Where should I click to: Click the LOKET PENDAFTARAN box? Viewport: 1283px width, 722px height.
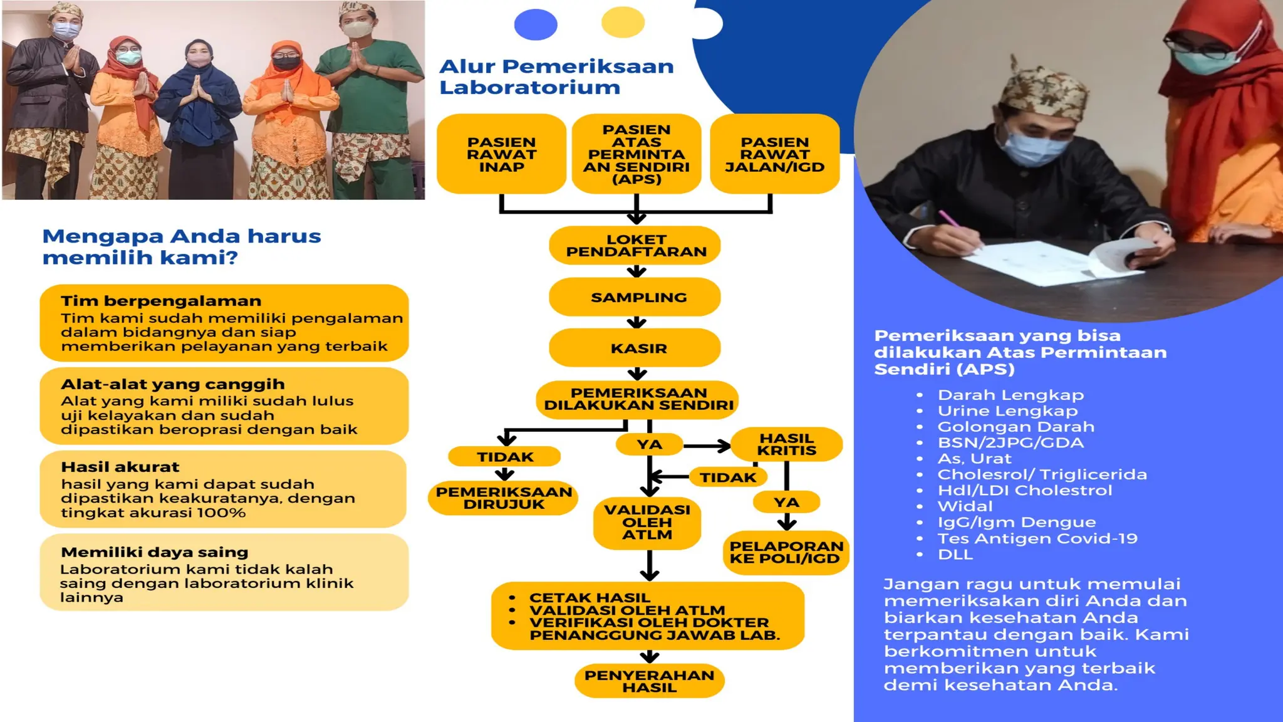pyautogui.click(x=635, y=246)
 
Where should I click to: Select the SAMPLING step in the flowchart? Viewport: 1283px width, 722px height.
pyautogui.click(x=635, y=297)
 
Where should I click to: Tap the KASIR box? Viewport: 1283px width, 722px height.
pyautogui.click(x=635, y=348)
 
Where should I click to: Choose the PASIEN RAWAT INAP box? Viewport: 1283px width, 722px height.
pyautogui.click(x=501, y=154)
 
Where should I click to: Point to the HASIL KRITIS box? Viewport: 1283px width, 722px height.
pyautogui.click(x=786, y=444)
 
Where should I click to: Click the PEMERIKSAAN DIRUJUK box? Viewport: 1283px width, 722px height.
pyautogui.click(x=503, y=498)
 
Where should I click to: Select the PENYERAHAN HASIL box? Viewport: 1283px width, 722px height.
pyautogui.click(x=649, y=681)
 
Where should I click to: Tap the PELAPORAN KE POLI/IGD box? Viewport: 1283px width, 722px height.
pyautogui.click(x=786, y=552)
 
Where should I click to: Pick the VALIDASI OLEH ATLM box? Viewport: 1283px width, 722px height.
pyautogui.click(x=647, y=522)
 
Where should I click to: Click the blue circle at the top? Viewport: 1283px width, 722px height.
pyautogui.click(x=536, y=24)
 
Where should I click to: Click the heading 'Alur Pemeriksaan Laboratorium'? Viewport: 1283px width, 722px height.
pyautogui.click(x=556, y=76)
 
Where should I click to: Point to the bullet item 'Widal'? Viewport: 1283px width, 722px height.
pyautogui.click(x=965, y=506)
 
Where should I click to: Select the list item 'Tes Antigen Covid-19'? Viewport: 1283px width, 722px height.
pyautogui.click(x=1037, y=538)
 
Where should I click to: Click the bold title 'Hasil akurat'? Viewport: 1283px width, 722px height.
pyautogui.click(x=120, y=467)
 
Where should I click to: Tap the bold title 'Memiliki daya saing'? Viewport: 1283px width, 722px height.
pyautogui.click(x=155, y=552)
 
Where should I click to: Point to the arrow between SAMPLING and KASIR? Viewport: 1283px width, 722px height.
pyautogui.click(x=636, y=322)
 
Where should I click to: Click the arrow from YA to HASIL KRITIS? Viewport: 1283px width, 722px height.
pyautogui.click(x=707, y=446)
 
